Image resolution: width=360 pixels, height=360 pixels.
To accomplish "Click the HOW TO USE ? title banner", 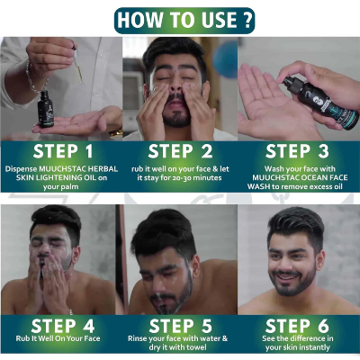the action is (184, 21).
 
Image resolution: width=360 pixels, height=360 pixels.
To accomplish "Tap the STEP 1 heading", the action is (63, 151).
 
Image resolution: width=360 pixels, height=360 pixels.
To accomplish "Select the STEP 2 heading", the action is (180, 151).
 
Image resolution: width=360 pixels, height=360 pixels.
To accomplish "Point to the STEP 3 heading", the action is (297, 151).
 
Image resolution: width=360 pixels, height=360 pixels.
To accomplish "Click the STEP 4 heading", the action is (63, 326).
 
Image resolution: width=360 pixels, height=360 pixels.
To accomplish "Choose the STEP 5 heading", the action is (179, 326).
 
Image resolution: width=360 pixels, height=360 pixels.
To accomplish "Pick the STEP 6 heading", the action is (297, 326).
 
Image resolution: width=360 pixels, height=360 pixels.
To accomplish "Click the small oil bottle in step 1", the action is (45, 109).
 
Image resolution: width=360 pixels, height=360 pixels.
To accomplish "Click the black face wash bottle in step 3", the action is (321, 102).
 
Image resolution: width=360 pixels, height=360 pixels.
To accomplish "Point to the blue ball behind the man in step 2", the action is (225, 59).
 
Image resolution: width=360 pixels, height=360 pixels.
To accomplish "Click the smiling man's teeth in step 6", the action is (285, 276).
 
